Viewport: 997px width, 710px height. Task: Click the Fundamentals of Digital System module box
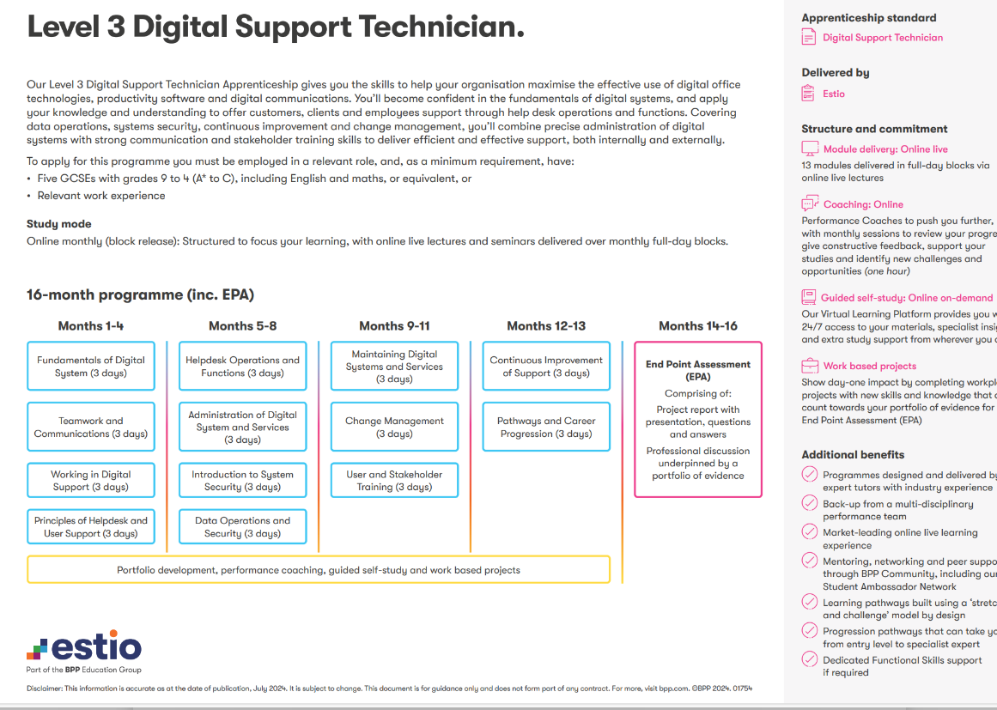[x=91, y=367]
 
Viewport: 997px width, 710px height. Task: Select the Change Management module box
[x=394, y=427]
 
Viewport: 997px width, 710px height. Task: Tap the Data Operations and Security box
[x=243, y=527]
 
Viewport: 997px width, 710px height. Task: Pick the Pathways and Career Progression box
[x=546, y=427]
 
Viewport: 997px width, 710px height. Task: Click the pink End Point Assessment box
[x=697, y=419]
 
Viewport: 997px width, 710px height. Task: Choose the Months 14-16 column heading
[x=697, y=325]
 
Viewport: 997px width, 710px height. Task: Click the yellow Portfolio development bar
[x=319, y=569]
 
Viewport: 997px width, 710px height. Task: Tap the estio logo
[x=84, y=646]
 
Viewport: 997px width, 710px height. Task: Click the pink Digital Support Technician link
[x=882, y=38]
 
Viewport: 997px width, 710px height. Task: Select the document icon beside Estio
[x=808, y=94]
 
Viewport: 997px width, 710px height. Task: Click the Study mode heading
[x=58, y=224]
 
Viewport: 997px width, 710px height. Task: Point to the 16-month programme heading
[x=140, y=295]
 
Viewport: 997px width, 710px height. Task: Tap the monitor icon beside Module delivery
[x=809, y=149]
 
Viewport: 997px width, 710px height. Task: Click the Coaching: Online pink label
[x=863, y=204]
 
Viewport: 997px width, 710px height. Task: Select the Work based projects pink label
[x=869, y=366]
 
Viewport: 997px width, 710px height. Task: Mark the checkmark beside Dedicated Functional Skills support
[x=809, y=659]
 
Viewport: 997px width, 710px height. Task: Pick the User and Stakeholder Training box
[x=394, y=481]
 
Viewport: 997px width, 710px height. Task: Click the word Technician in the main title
[x=441, y=27]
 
